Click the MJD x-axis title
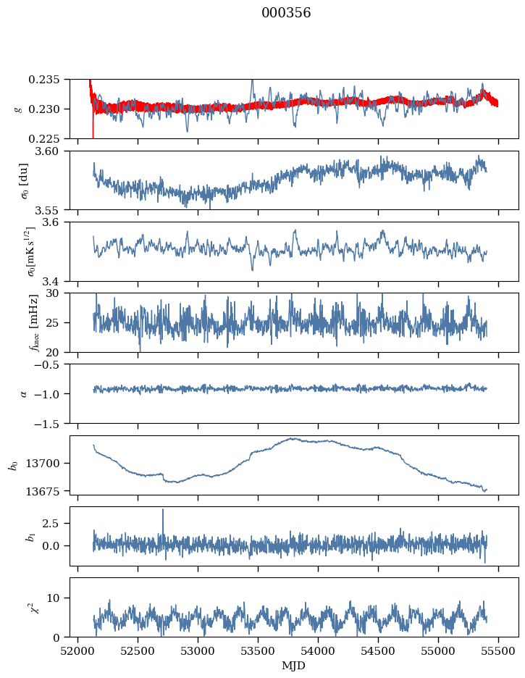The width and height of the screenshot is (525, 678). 294,666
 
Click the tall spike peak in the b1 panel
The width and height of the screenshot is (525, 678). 163,509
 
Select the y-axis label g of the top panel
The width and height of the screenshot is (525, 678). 18,109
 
